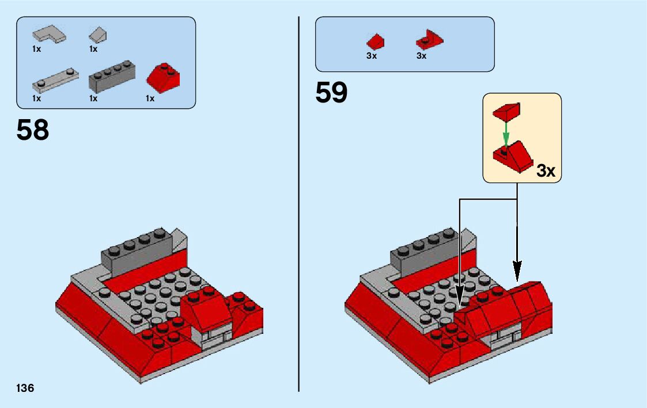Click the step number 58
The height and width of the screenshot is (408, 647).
33,131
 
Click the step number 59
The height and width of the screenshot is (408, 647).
331,93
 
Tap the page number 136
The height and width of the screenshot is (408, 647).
25,388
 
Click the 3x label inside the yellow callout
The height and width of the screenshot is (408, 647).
545,171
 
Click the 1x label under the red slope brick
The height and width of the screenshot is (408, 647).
150,98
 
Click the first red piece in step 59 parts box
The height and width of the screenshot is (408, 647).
376,41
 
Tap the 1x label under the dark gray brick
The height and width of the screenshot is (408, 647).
93,98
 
